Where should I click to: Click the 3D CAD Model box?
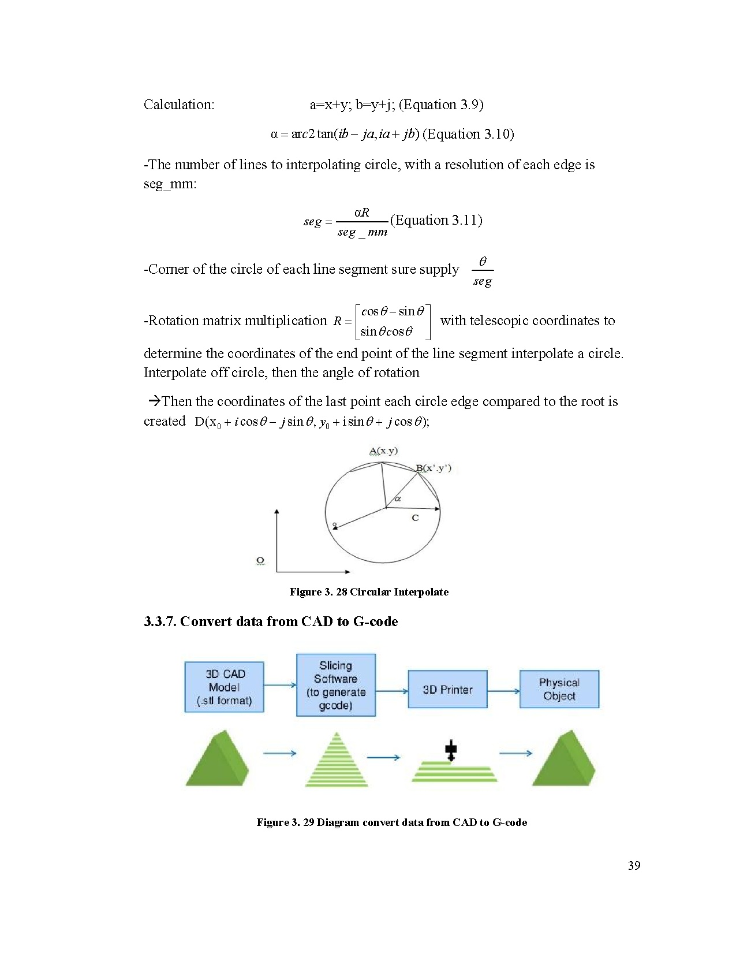[x=224, y=687]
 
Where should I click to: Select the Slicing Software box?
[x=335, y=685]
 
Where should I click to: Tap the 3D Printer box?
[x=447, y=689]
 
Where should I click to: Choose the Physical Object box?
[x=559, y=689]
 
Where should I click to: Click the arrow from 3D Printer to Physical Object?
[x=503, y=691]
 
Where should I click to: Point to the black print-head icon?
[x=451, y=751]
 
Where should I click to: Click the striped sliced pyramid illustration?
[x=337, y=760]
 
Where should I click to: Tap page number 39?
[x=634, y=865]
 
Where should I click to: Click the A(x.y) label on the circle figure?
[x=383, y=451]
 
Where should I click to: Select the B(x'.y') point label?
[x=434, y=468]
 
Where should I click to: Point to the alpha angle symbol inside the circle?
[x=398, y=498]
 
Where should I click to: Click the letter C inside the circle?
[x=415, y=518]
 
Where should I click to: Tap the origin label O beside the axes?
[x=260, y=560]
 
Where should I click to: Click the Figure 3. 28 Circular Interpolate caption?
[x=369, y=592]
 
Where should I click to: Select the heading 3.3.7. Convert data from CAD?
[x=271, y=621]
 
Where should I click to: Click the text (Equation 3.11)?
[x=436, y=220]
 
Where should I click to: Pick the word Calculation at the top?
[x=179, y=105]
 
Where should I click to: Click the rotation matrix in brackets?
[x=392, y=321]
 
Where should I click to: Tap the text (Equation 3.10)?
[x=468, y=134]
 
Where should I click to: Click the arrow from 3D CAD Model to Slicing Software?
[x=280, y=685]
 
